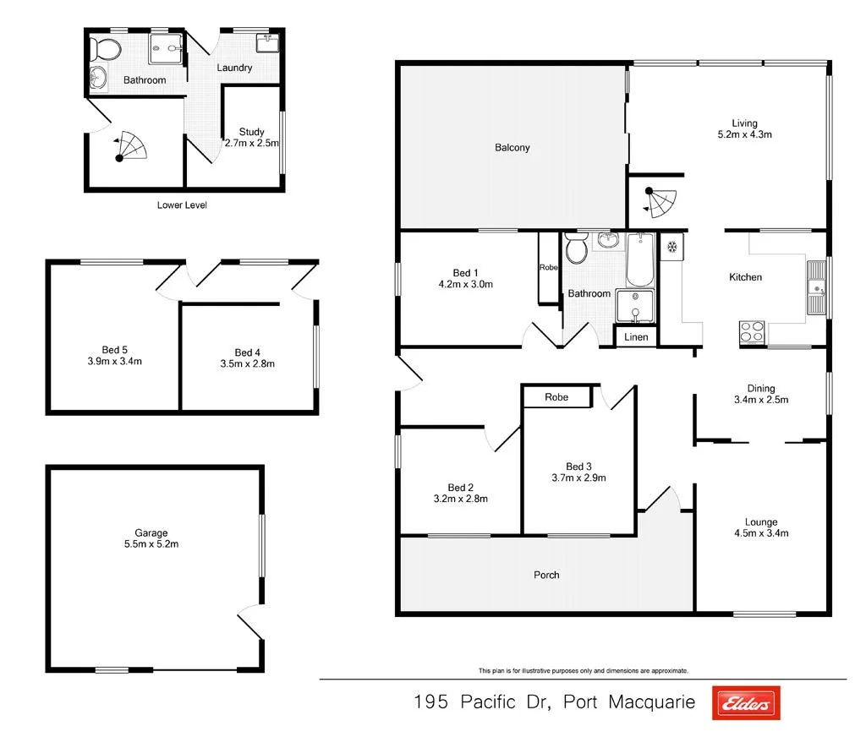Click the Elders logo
tap(746, 702)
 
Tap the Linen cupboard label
tap(636, 337)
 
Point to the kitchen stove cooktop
tap(752, 332)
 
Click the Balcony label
tap(512, 148)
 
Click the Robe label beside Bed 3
tap(556, 397)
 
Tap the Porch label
tap(546, 576)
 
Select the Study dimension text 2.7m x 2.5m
tap(251, 144)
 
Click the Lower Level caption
tap(182, 205)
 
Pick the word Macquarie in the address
tap(651, 702)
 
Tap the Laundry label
tap(234, 68)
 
